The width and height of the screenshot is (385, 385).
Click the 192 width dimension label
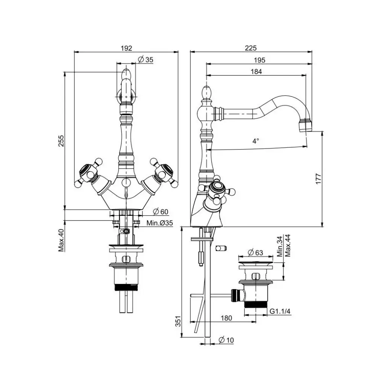point(126,48)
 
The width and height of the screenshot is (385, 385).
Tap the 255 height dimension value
point(61,141)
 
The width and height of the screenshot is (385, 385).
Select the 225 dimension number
point(251,48)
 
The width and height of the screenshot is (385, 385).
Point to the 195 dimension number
point(259,60)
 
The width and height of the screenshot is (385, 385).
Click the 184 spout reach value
point(256,71)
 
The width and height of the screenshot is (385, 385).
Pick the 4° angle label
point(256,141)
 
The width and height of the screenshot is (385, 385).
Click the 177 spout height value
point(318,179)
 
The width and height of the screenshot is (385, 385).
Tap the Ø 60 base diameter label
point(161,211)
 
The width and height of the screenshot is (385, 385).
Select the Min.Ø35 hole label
point(159,223)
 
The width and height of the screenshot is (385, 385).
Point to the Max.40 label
point(61,240)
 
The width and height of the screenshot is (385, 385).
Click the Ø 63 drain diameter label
point(255,252)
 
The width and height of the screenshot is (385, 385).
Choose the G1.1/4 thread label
point(280,311)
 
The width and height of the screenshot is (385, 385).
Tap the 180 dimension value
point(226,318)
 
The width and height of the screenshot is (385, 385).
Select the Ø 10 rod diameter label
point(226,340)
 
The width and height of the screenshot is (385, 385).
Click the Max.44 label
point(288,246)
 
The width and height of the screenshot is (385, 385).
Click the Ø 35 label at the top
point(146,59)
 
